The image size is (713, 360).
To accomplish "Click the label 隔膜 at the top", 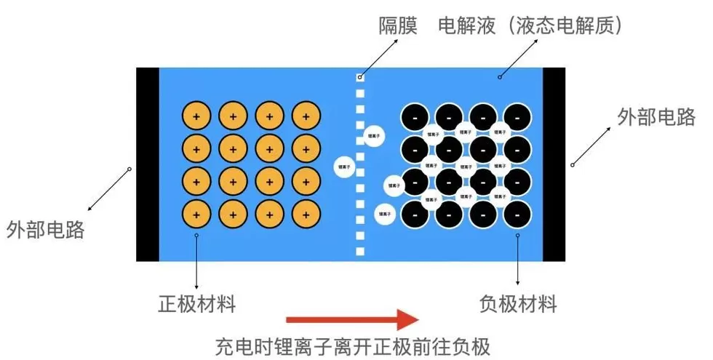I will pyautogui.click(x=398, y=26).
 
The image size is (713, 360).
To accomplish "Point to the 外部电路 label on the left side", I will pyautogui.click(x=46, y=231).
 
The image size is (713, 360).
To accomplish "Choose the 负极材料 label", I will pyautogui.click(x=518, y=303).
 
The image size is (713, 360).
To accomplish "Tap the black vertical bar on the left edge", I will pyautogui.click(x=147, y=164).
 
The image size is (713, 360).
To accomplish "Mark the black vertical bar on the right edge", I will pyautogui.click(x=554, y=164).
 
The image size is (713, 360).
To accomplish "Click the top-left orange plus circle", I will pyautogui.click(x=196, y=116).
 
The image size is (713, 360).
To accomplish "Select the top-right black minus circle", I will pyautogui.click(x=517, y=116).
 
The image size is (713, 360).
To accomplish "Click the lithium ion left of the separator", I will pyautogui.click(x=343, y=167).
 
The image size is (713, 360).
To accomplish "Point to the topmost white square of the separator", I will pyautogui.click(x=359, y=76).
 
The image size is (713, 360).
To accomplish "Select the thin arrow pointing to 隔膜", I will pyautogui.click(x=379, y=57).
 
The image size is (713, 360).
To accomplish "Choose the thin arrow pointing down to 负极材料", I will pyautogui.click(x=517, y=260).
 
